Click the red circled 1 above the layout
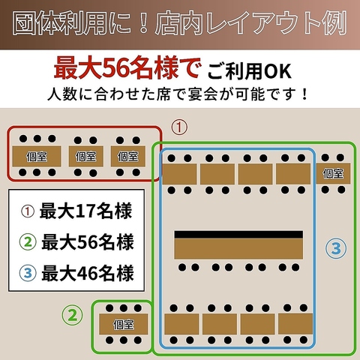(179, 127)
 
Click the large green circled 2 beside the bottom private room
(73, 315)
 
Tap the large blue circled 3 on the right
(336, 248)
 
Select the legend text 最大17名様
(85, 211)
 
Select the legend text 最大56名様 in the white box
(88, 242)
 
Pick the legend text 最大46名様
(88, 274)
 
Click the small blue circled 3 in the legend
(28, 273)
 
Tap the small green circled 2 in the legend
(28, 241)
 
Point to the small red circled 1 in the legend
(28, 211)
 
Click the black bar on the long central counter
(238, 234)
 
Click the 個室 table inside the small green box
(124, 324)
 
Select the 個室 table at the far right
(333, 173)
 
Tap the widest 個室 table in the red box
(37, 156)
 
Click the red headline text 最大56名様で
(127, 68)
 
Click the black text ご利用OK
(249, 71)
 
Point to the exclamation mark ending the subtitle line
(304, 94)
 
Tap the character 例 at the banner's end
(335, 24)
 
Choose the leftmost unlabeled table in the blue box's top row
(179, 174)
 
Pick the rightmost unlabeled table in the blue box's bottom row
(295, 324)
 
